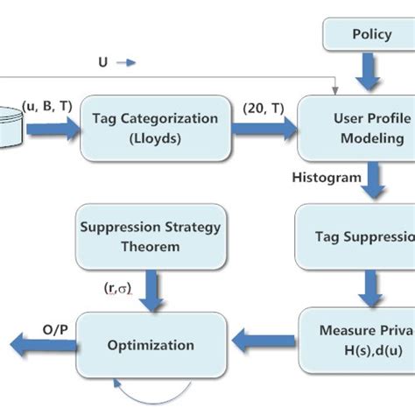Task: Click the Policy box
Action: pyautogui.click(x=371, y=36)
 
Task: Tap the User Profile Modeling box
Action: pyautogui.click(x=359, y=127)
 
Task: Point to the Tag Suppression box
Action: pyautogui.click(x=359, y=236)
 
